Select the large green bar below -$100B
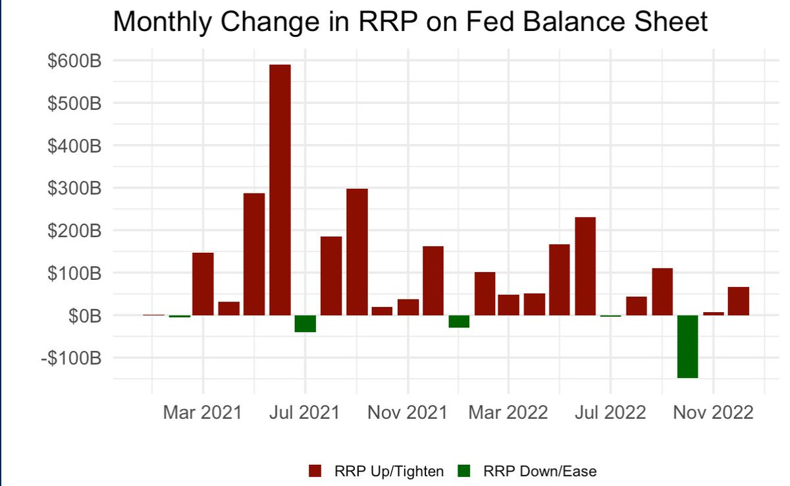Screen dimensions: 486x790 point(687,346)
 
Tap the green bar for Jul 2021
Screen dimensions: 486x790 point(305,323)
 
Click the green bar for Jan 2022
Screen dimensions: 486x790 point(459,321)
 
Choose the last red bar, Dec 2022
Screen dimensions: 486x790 point(738,301)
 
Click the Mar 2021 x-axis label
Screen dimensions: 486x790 point(203,413)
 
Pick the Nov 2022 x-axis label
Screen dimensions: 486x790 point(714,413)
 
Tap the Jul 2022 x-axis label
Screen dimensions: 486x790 point(610,413)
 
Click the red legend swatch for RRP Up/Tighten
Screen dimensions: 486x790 point(315,470)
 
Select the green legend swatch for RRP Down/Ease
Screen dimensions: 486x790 point(464,470)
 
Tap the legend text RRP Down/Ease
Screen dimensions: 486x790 point(540,470)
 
